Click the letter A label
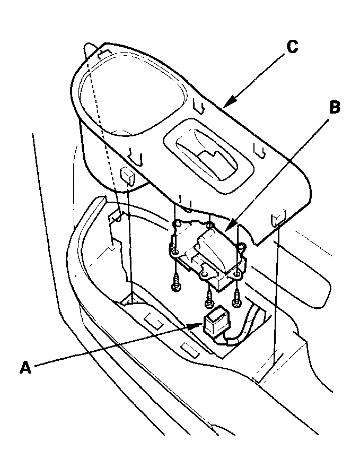point(25,367)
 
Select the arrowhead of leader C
point(226,105)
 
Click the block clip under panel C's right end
point(279,218)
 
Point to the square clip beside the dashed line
point(127,175)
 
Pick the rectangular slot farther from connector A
point(153,321)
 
